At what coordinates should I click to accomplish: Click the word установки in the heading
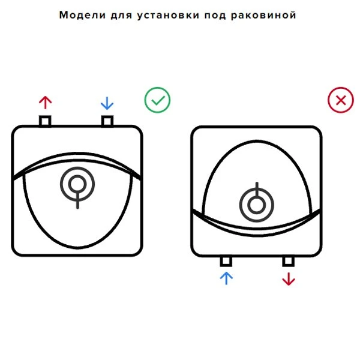tap(168, 16)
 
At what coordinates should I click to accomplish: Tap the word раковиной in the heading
tap(263, 15)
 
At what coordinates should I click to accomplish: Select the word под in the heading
tap(215, 16)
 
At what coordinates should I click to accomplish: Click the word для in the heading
tap(121, 16)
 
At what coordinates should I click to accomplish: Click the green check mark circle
tap(157, 100)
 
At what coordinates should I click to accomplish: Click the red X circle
tap(341, 100)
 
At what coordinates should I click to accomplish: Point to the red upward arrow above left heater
tap(45, 103)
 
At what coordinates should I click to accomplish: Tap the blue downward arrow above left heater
tap(107, 103)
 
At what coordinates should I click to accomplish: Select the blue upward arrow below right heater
tap(226, 278)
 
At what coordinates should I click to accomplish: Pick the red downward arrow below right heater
tap(289, 279)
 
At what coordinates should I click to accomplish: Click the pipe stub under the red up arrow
tap(45, 121)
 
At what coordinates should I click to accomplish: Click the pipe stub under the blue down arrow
tap(107, 121)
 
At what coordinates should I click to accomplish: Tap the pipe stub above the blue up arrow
tap(226, 261)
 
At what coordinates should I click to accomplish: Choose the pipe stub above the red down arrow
tap(289, 261)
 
